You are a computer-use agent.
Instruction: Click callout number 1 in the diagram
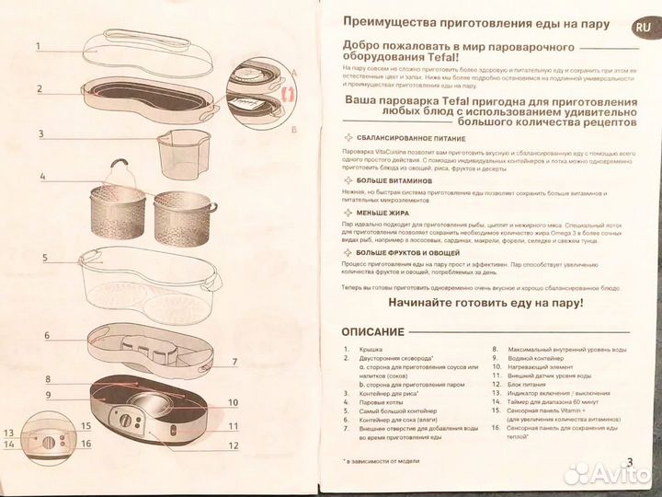[x=39, y=45]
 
